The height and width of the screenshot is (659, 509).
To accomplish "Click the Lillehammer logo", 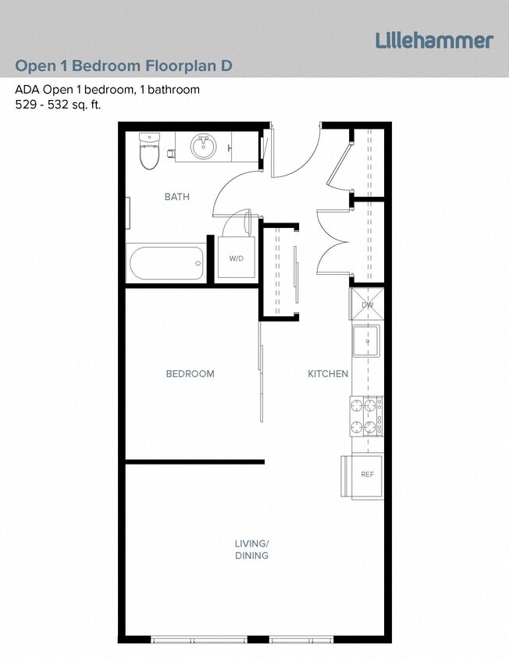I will point(434,41).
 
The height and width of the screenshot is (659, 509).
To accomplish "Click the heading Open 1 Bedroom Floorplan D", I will point(123,65).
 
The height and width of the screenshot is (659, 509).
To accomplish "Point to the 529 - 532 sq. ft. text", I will point(58,105).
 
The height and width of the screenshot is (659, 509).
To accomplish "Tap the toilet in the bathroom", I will point(148,151).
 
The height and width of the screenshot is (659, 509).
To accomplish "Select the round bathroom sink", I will point(204,146).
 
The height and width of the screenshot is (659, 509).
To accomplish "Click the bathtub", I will point(166,263).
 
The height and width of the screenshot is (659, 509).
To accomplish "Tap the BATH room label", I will point(176,197).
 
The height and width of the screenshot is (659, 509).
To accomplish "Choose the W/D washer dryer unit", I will point(236,257).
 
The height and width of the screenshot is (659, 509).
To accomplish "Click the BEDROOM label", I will point(190,373).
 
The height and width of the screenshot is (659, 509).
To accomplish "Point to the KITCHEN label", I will point(327,373).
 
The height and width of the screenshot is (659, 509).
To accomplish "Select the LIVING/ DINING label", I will point(251,550).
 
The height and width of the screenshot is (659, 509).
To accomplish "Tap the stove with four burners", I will point(366,416).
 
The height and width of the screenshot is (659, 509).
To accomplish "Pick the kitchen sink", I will point(365,340).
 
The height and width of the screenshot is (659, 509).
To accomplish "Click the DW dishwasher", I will point(367,305).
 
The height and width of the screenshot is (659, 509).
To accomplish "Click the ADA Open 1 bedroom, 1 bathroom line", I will point(107,89).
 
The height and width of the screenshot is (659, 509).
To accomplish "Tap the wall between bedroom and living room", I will point(195,461).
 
